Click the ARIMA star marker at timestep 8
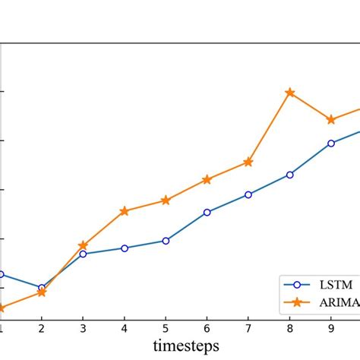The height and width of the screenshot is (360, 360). (289, 93)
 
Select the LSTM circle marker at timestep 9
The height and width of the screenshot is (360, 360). (331, 143)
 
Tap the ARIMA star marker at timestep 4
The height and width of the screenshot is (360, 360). (124, 211)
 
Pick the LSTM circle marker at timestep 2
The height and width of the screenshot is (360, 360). (42, 288)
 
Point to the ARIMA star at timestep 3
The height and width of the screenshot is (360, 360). (83, 246)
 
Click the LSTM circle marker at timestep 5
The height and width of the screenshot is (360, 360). (166, 241)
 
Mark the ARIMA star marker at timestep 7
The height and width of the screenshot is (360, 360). (248, 162)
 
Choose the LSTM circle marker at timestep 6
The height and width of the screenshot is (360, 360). (207, 213)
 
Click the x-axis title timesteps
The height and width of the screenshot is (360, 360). (186, 346)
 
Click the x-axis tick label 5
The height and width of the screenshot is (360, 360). (166, 329)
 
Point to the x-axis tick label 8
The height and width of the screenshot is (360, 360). (289, 329)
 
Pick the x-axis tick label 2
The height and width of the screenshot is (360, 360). (42, 329)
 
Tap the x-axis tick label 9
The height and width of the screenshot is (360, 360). (331, 329)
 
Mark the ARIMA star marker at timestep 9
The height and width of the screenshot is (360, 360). (331, 120)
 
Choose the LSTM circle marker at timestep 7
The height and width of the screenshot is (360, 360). (248, 194)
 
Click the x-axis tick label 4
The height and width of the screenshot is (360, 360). (124, 329)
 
